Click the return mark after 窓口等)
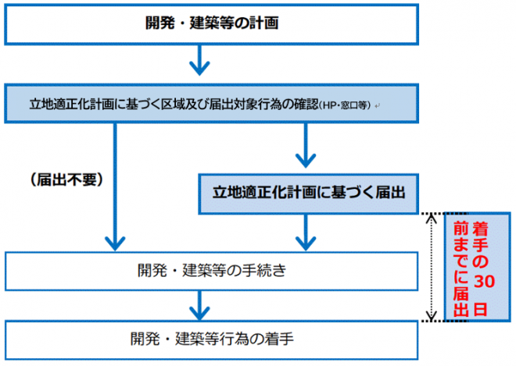[x=378, y=105]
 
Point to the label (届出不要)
[x=66, y=179]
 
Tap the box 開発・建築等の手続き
[x=212, y=271]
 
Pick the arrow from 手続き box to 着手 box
[x=202, y=302]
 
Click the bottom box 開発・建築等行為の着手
[x=212, y=339]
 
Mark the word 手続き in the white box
[x=267, y=271]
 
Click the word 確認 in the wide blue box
[x=303, y=104]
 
